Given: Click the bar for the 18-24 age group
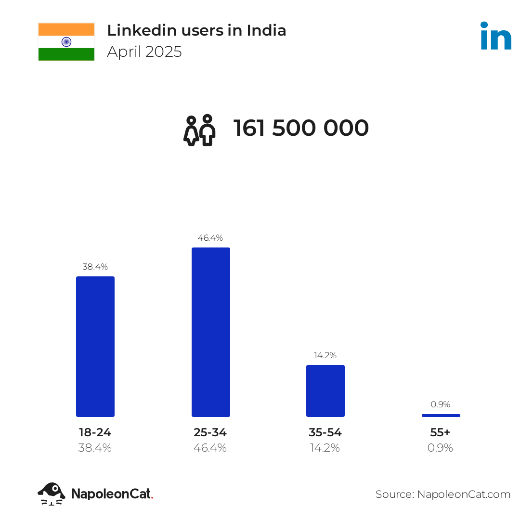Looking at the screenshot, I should tap(95, 346).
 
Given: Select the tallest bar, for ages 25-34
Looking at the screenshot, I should tap(211, 332).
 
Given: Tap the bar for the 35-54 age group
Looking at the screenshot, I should tap(325, 390).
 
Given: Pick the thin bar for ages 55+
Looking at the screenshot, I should tap(441, 415).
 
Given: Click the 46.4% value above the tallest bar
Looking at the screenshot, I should tap(210, 238).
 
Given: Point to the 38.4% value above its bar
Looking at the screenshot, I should tap(95, 267).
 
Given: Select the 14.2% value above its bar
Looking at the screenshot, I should tap(325, 355).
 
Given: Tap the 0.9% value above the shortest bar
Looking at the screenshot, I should tap(441, 404).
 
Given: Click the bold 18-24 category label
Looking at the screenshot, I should tap(95, 432).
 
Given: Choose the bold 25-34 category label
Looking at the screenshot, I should tap(210, 432).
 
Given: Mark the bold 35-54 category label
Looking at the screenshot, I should tap(325, 432).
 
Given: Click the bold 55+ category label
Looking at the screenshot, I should tap(440, 432).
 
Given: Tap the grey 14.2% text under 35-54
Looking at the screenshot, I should tap(325, 448).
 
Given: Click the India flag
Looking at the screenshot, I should tap(66, 42).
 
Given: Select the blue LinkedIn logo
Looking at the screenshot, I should tap(496, 36).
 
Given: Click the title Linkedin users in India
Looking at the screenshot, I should tap(196, 30).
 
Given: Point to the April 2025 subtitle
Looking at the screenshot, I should tap(144, 52).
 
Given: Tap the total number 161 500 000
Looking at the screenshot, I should tap(301, 129).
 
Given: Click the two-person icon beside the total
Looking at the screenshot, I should tap(199, 130).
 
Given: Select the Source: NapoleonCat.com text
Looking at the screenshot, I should tap(443, 494).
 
